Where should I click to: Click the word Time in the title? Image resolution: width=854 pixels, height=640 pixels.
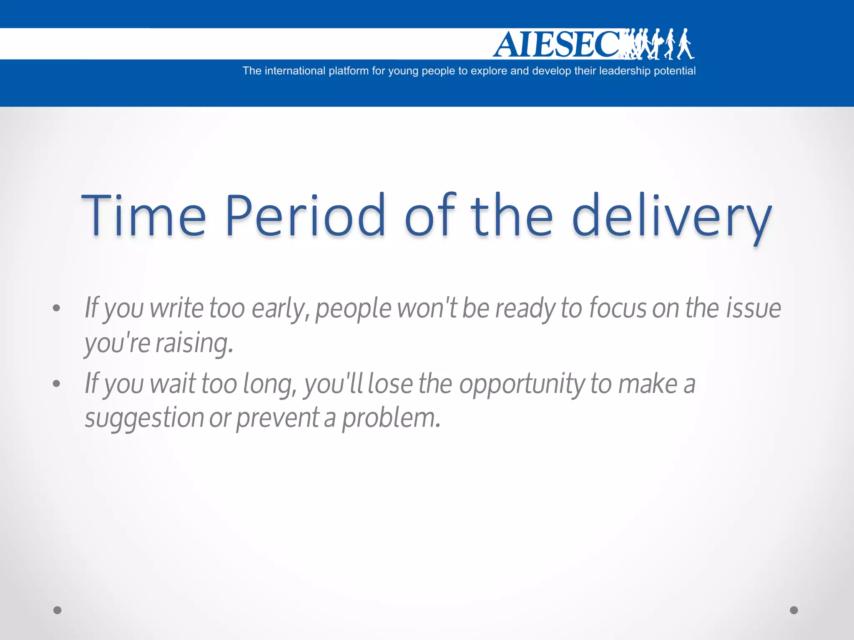coord(143,216)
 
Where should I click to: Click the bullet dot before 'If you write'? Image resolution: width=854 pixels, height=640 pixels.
coord(57,308)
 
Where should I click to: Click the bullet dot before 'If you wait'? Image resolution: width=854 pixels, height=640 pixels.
coord(57,384)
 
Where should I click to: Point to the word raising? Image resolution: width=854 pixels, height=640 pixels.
coord(194,344)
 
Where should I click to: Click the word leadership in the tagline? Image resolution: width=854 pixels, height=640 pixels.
coord(624,71)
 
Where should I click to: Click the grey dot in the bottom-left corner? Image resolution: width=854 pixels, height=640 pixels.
coord(58,610)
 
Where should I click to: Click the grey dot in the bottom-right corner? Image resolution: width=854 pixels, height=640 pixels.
coord(794,610)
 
